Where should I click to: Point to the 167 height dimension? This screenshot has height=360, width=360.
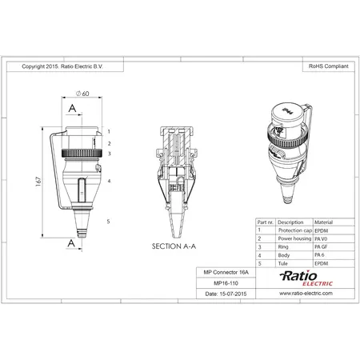[x=37, y=182]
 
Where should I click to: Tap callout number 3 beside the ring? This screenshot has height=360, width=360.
[x=109, y=153]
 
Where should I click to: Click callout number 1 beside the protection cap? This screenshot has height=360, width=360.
[x=109, y=130]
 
